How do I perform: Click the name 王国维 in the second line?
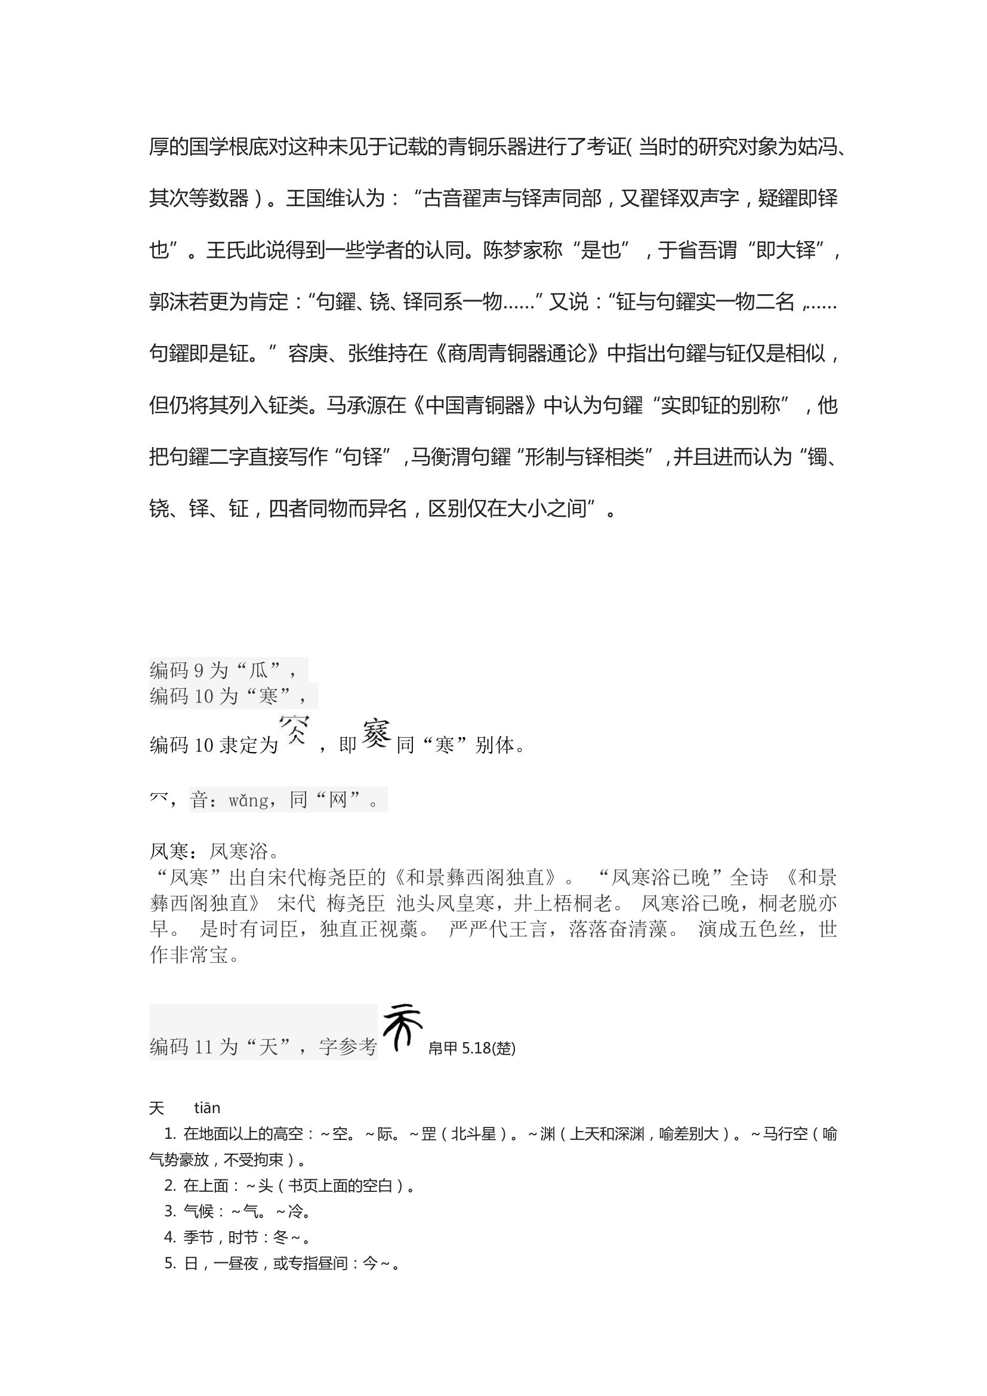(316, 199)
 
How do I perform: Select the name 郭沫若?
(179, 302)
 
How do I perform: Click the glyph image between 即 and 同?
(376, 734)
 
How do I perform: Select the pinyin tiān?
(207, 1108)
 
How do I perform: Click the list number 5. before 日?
(170, 1264)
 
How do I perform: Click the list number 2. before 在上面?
(170, 1186)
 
